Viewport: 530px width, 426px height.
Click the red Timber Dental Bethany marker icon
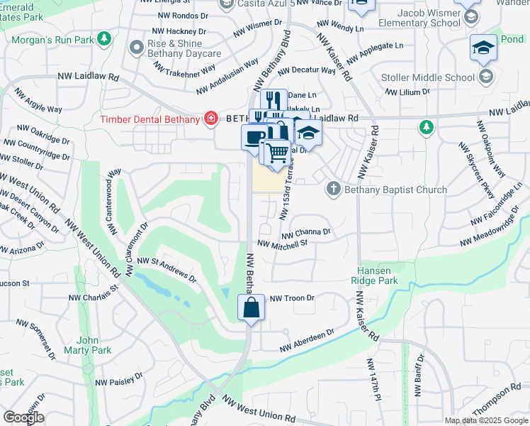(210, 119)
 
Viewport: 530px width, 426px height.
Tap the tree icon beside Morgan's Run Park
(104, 37)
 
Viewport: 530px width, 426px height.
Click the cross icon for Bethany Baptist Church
(334, 189)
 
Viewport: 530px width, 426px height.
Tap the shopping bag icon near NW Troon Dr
(251, 308)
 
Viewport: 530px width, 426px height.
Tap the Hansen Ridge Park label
(375, 275)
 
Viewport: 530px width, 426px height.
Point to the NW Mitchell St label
(282, 244)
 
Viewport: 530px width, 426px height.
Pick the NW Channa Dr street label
(306, 232)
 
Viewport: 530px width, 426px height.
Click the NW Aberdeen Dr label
(306, 342)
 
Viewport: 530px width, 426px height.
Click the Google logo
(24, 417)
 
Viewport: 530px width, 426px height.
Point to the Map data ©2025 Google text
(486, 420)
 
